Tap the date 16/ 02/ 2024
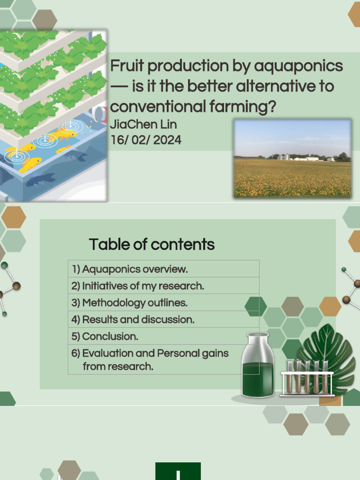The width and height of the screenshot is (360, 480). point(145,140)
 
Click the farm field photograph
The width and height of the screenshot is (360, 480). point(292,158)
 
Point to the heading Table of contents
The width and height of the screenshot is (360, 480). point(151,244)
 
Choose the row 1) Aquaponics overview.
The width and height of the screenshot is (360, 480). point(130,269)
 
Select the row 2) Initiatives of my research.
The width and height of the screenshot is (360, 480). point(138,286)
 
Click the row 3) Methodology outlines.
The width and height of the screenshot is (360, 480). point(129,303)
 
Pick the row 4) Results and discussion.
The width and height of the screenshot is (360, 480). point(133,320)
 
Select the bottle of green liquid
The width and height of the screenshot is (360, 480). point(257,366)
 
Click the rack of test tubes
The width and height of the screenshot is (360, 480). point(307,377)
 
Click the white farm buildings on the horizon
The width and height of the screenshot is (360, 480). point(305,158)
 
